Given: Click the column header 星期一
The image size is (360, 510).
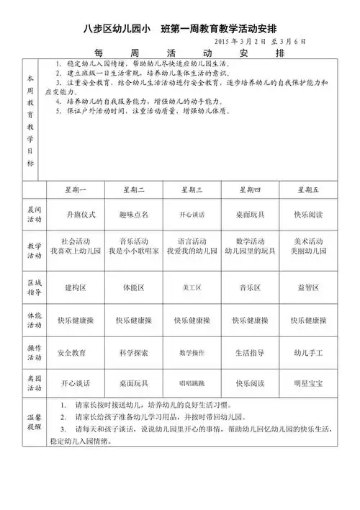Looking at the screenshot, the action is coord(76,189).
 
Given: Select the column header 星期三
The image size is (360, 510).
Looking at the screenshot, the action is coord(192,189).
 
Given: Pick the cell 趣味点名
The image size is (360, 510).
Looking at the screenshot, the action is coord(134,214).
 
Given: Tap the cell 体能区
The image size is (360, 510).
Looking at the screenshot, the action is coord(134,287).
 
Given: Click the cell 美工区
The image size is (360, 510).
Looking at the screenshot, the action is coord(192,287).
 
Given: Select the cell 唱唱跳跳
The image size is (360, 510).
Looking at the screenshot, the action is coord(192,382).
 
